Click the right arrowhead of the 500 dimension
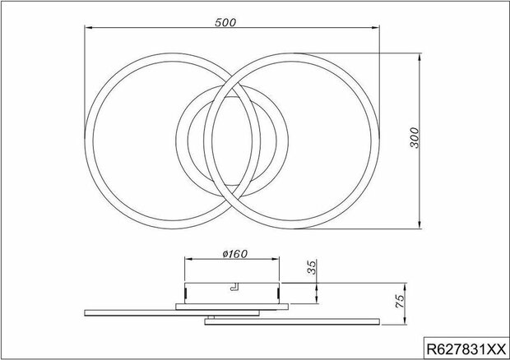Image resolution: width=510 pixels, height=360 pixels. [378, 30]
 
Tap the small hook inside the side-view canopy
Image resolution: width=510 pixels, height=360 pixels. [234, 287]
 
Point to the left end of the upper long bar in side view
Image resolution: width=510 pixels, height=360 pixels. [86, 310]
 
